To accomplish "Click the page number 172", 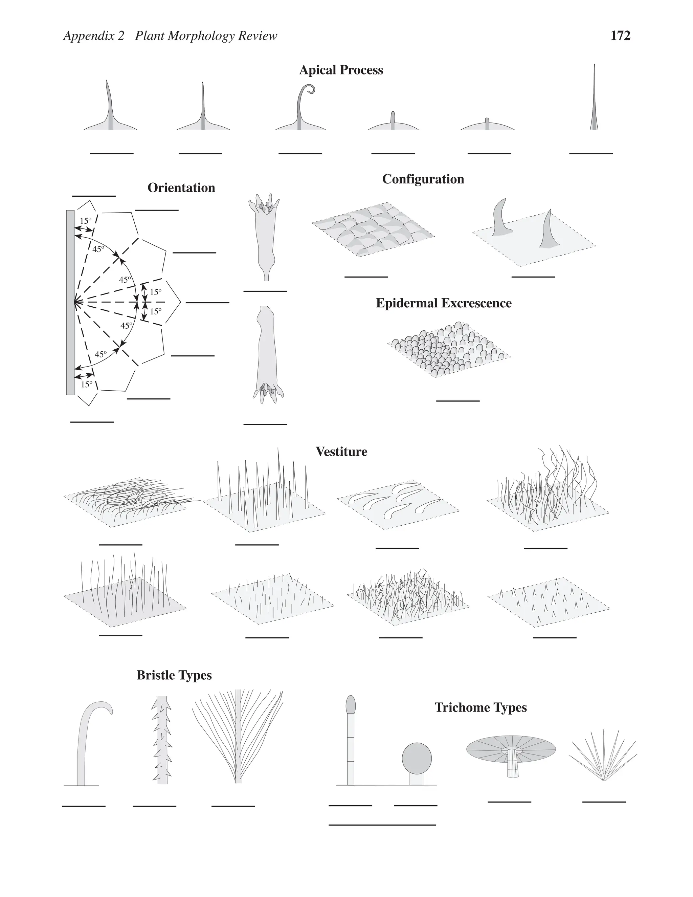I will pos(620,36).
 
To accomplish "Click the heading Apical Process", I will pos(341,70).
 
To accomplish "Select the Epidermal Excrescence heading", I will pos(443,303).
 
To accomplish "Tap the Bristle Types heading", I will pos(174,675).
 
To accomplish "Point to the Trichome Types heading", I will pos(480,707).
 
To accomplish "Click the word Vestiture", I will pos(341,452).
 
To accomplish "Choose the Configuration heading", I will pos(423,179).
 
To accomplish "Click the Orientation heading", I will pos(181,188).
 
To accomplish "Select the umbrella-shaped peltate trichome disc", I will pos(511,748).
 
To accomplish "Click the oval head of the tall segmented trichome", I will pos(351,704).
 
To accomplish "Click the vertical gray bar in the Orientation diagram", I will pos(70,302).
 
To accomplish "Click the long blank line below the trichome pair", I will pos(382,824).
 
